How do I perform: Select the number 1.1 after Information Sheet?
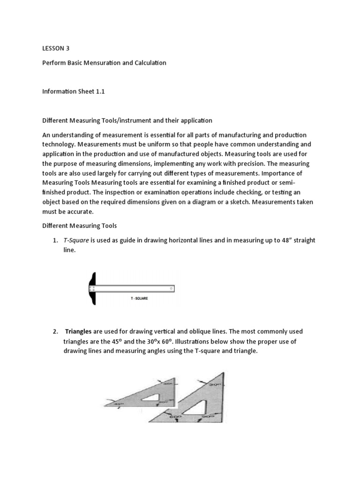[99, 91]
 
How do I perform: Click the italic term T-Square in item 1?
[76, 240]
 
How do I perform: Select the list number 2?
[55, 331]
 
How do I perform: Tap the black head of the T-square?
[94, 288]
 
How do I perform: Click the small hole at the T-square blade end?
[171, 288]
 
